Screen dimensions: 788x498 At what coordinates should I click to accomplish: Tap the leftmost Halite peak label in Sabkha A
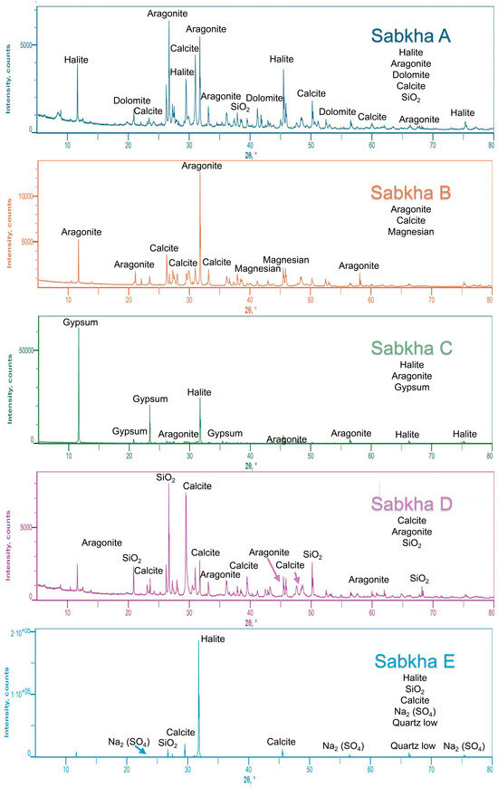click(77, 60)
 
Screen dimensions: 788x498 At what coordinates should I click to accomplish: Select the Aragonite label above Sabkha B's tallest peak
click(200, 166)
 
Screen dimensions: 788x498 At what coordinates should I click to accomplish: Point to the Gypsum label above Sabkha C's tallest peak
click(79, 322)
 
